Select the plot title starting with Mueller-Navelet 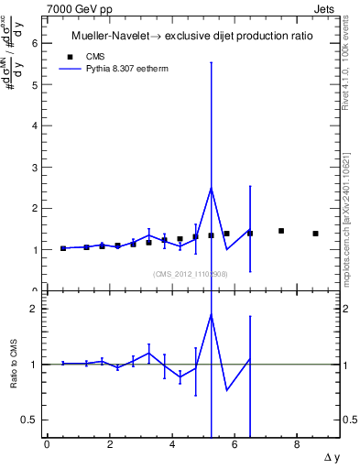coord(192,37)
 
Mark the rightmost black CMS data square coord(315,234)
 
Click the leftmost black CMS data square coord(63,248)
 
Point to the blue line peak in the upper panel coord(212,188)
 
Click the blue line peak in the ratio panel coord(212,314)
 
